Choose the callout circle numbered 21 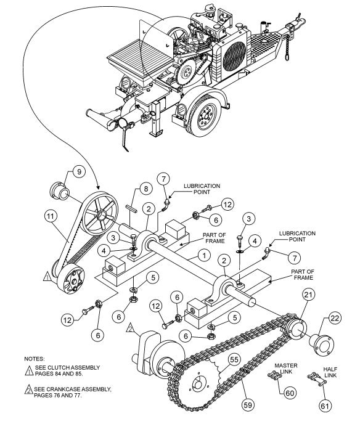click(308, 296)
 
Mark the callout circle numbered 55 click(234, 358)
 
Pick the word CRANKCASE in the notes click(67, 389)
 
